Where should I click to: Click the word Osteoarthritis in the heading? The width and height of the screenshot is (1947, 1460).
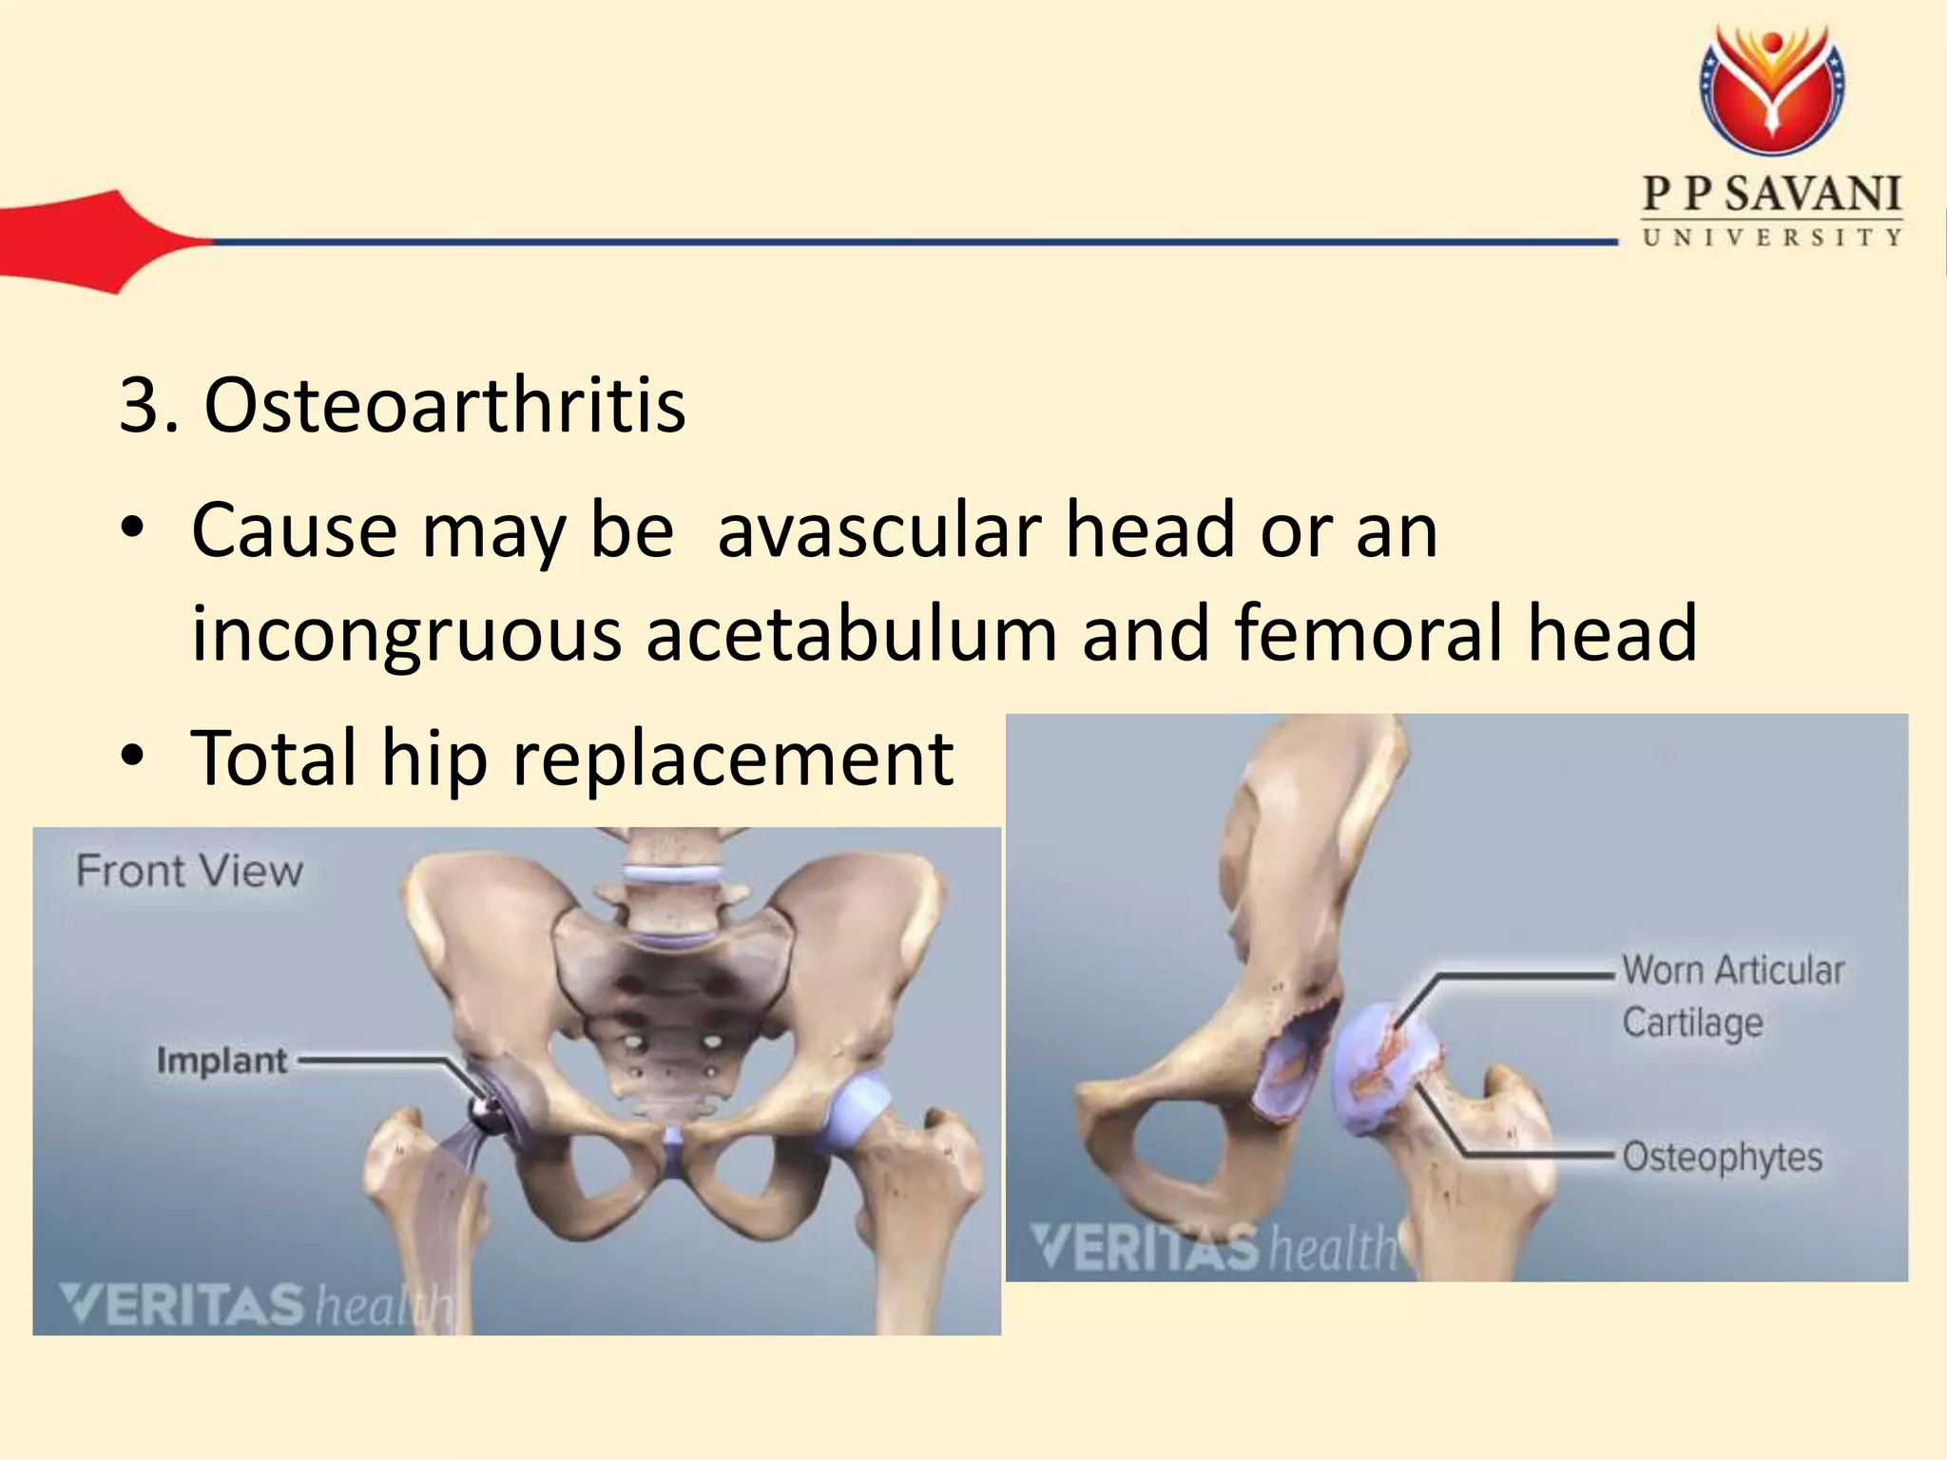(444, 406)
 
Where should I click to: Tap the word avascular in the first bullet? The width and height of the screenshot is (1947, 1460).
(878, 529)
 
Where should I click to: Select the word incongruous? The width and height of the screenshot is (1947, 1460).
(406, 634)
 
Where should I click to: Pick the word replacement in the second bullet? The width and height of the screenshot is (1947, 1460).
(733, 758)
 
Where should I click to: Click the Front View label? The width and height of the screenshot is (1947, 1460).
(189, 871)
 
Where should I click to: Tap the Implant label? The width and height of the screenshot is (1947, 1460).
(222, 1060)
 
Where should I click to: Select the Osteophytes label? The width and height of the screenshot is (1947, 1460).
(1722, 1157)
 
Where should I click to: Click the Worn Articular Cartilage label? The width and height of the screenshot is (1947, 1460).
(1732, 996)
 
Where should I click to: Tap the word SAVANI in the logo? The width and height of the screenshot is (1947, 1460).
(1812, 195)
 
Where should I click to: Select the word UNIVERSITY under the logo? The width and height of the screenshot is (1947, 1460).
(1772, 238)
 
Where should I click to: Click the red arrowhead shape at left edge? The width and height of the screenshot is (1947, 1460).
(95, 241)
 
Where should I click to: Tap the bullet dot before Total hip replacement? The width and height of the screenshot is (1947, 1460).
(133, 758)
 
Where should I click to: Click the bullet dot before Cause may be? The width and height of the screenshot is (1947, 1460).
(133, 529)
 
